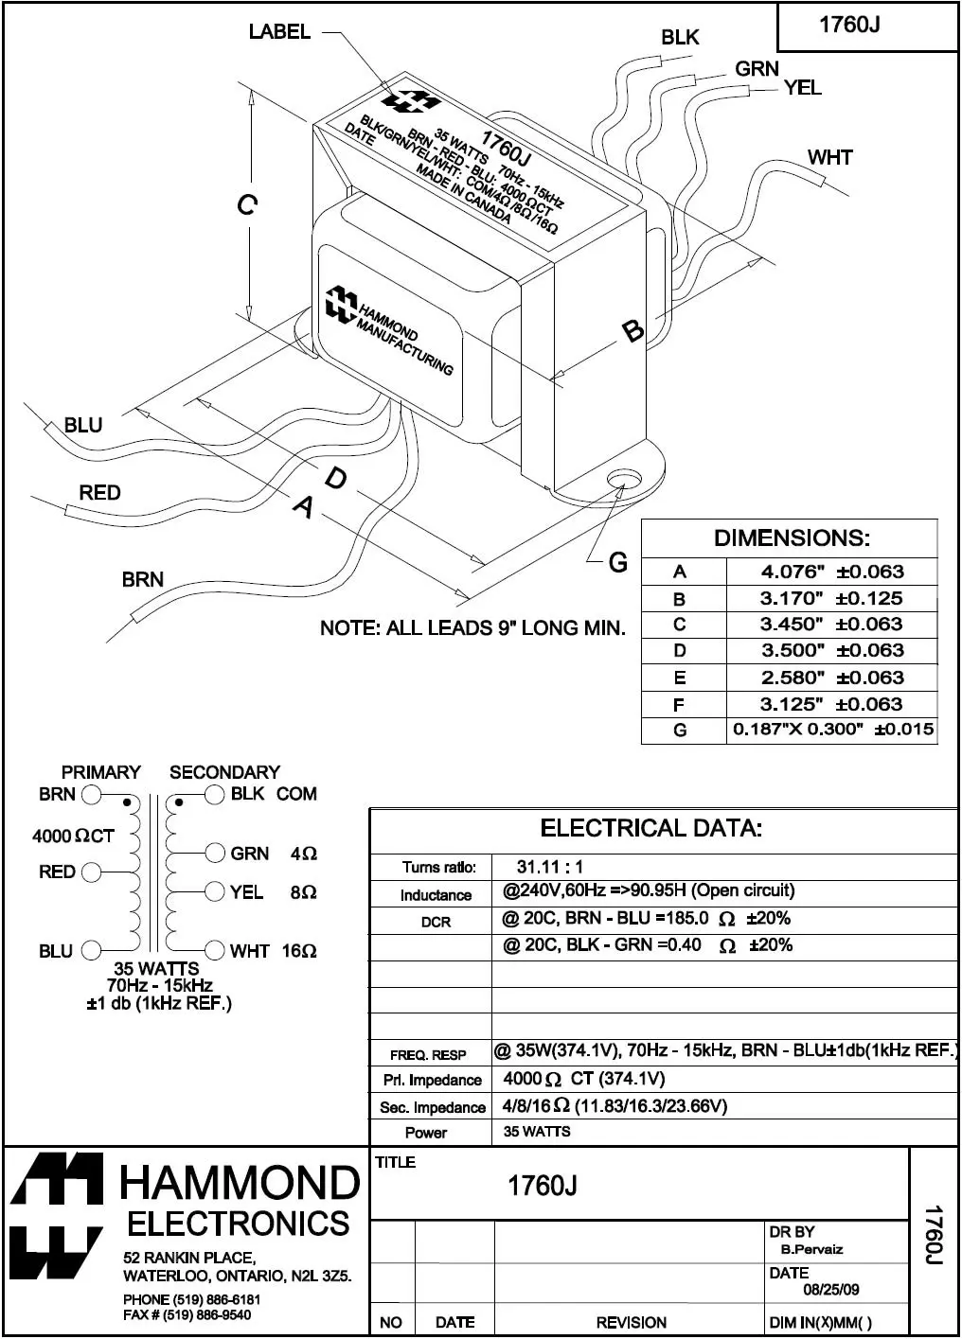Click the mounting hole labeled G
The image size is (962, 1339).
pyautogui.click(x=622, y=478)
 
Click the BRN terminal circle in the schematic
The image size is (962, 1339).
pyautogui.click(x=91, y=795)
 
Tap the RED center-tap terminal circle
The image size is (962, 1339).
pyautogui.click(x=91, y=872)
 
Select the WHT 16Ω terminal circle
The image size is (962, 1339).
pyautogui.click(x=215, y=951)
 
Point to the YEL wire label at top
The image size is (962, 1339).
pyautogui.click(x=803, y=88)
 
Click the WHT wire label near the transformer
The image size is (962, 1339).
pyautogui.click(x=829, y=157)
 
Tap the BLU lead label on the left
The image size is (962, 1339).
pyautogui.click(x=83, y=425)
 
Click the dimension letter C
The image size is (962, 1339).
pyautogui.click(x=246, y=204)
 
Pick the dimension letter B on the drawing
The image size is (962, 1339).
pyautogui.click(x=632, y=331)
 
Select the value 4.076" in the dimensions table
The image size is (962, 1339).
pyautogui.click(x=793, y=572)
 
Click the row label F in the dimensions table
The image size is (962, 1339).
pyautogui.click(x=679, y=704)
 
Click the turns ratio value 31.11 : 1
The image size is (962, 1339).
pyautogui.click(x=550, y=867)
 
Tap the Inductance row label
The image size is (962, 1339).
pyautogui.click(x=436, y=895)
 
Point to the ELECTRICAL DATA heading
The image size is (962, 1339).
pyautogui.click(x=651, y=829)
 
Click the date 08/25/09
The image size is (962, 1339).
pyautogui.click(x=831, y=1290)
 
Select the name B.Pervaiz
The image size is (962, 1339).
pyautogui.click(x=811, y=1249)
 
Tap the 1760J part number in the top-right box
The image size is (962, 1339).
pyautogui.click(x=849, y=25)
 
